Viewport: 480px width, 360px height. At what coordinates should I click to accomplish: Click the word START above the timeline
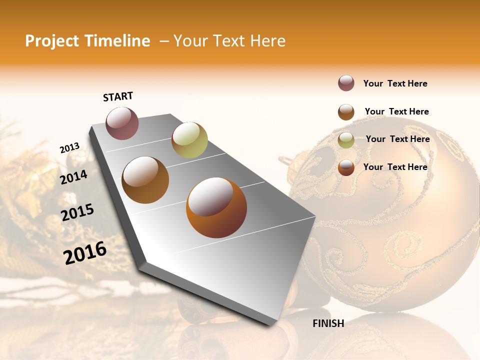click(118, 96)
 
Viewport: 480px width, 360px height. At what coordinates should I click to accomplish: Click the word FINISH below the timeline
click(328, 323)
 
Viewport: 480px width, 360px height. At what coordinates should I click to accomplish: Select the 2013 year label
click(69, 148)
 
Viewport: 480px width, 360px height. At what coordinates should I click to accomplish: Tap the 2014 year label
click(73, 177)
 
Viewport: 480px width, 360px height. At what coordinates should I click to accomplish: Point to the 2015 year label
click(77, 212)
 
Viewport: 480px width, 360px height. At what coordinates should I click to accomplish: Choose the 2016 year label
click(85, 253)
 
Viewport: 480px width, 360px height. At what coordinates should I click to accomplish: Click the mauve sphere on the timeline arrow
click(122, 123)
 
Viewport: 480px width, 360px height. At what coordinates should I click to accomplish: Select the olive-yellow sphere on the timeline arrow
click(189, 140)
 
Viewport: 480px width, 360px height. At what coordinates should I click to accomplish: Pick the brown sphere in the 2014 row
click(145, 180)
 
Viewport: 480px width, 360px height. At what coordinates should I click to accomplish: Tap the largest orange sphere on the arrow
click(216, 207)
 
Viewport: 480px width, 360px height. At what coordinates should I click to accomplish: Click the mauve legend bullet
click(346, 83)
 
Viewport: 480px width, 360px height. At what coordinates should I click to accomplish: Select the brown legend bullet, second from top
click(346, 112)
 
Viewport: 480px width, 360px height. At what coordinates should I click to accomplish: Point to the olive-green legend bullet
click(346, 140)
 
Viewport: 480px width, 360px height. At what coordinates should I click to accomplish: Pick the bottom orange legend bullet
click(346, 168)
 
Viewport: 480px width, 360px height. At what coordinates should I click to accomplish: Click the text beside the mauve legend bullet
click(395, 83)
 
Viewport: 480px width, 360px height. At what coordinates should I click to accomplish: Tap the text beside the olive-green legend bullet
click(397, 139)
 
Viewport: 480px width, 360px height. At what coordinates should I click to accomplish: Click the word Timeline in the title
click(117, 41)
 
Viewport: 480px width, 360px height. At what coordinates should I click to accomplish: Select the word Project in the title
click(52, 41)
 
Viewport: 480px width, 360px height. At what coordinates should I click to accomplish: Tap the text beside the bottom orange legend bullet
click(395, 167)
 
